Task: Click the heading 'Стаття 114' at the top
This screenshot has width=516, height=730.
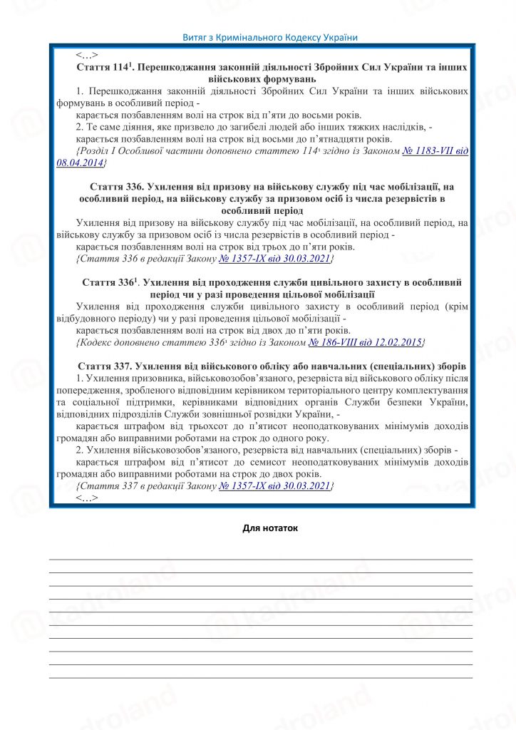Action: [104, 67]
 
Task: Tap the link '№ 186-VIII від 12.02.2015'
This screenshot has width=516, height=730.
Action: [366, 343]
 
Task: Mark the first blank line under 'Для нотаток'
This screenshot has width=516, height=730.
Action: [260, 559]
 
